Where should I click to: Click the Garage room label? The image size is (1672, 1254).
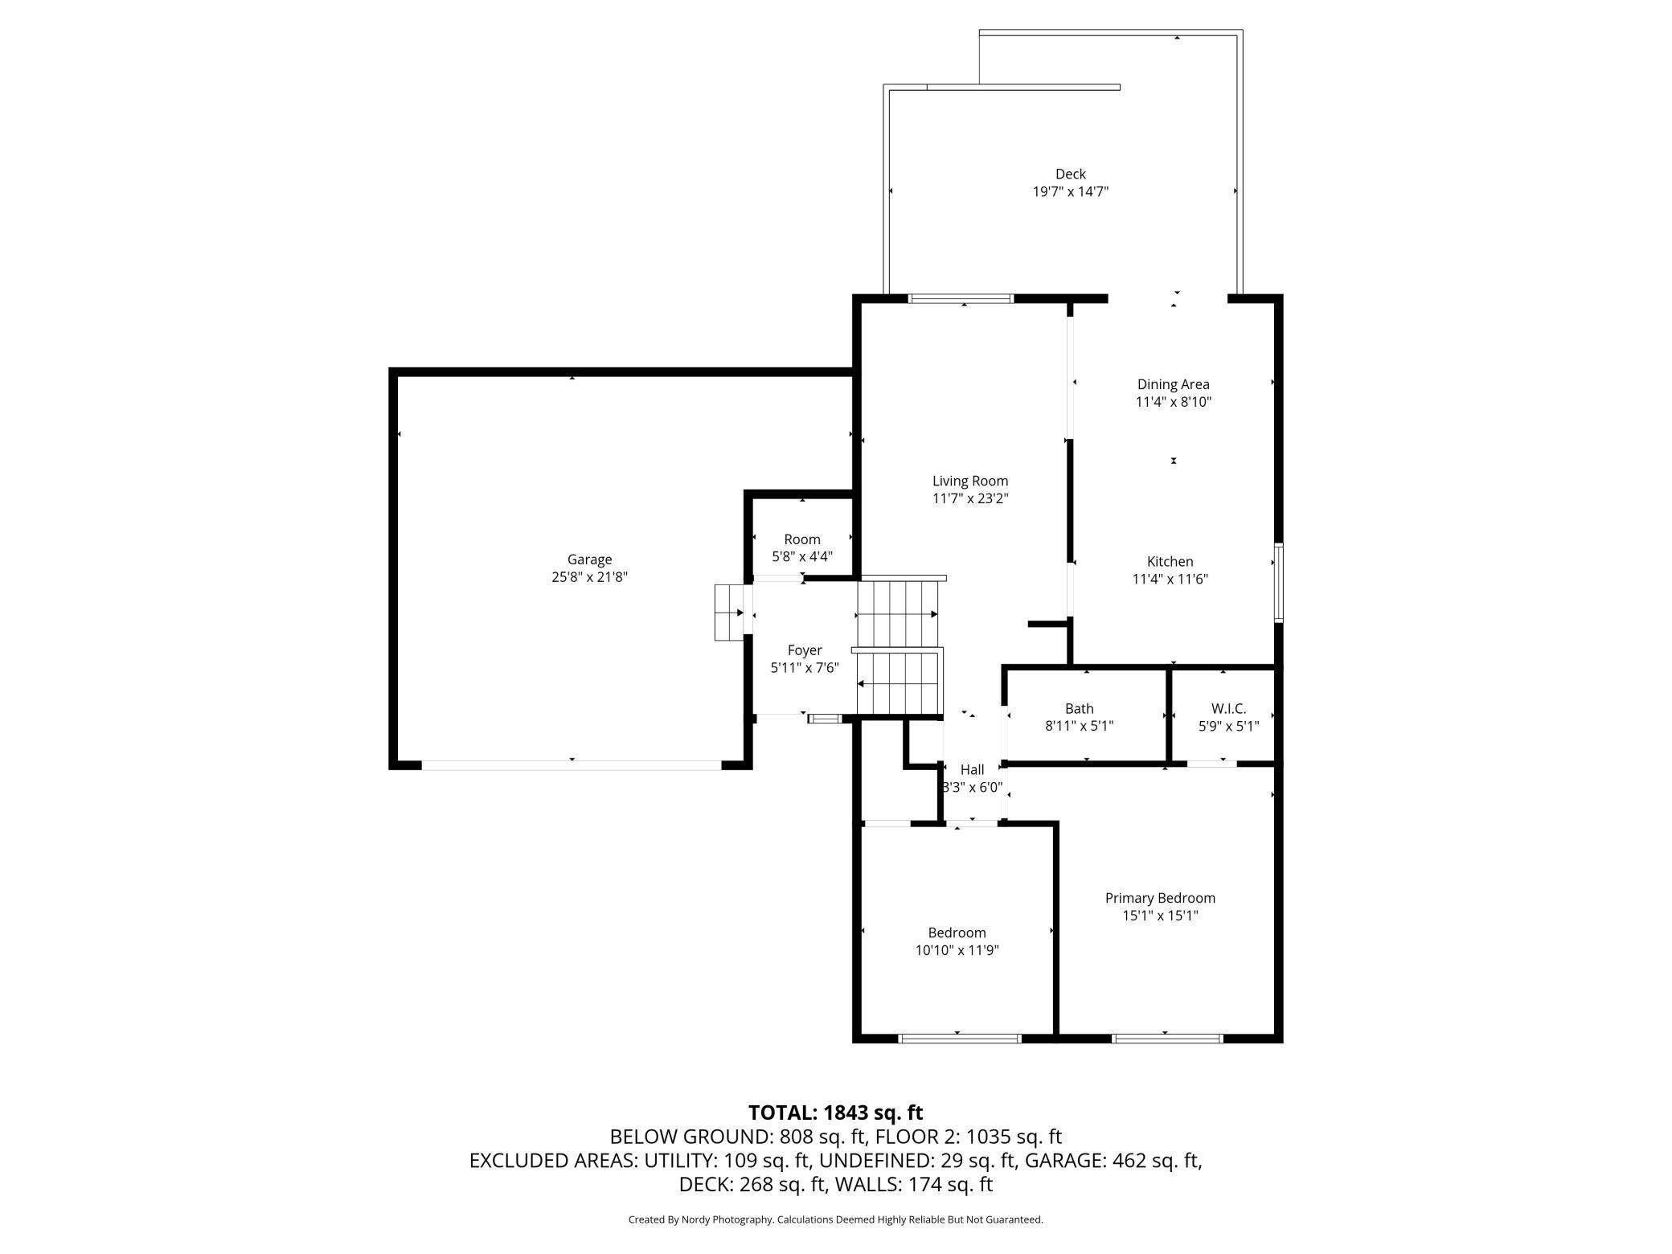pyautogui.click(x=589, y=559)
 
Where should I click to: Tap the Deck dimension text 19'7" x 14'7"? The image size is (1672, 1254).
pyautogui.click(x=1070, y=191)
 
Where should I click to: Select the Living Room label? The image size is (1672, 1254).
pyautogui.click(x=970, y=481)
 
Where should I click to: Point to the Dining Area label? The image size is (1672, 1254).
pyautogui.click(x=1173, y=384)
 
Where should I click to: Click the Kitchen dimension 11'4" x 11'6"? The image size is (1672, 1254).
pyautogui.click(x=1170, y=579)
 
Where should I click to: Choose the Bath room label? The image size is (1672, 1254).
pyautogui.click(x=1079, y=708)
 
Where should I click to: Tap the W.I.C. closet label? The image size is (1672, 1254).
pyautogui.click(x=1228, y=708)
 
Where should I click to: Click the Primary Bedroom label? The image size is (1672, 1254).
pyautogui.click(x=1160, y=898)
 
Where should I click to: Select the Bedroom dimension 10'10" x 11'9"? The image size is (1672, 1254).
pyautogui.click(x=957, y=950)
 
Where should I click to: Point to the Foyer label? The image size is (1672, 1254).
pyautogui.click(x=805, y=650)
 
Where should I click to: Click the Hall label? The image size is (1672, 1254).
pyautogui.click(x=972, y=769)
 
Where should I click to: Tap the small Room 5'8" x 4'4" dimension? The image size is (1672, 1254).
pyautogui.click(x=802, y=556)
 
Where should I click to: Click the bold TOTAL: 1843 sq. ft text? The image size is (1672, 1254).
pyautogui.click(x=835, y=1113)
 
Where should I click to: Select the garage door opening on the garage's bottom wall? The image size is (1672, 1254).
pyautogui.click(x=572, y=765)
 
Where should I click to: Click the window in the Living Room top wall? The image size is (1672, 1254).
pyautogui.click(x=961, y=299)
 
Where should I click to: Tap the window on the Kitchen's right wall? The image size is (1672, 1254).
pyautogui.click(x=1278, y=583)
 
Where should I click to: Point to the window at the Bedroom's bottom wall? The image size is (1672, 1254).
pyautogui.click(x=959, y=1039)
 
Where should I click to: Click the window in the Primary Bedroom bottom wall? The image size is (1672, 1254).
pyautogui.click(x=1167, y=1039)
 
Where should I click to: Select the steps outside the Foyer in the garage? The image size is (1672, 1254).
pyautogui.click(x=729, y=613)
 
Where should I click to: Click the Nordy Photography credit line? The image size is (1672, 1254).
pyautogui.click(x=835, y=1219)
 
